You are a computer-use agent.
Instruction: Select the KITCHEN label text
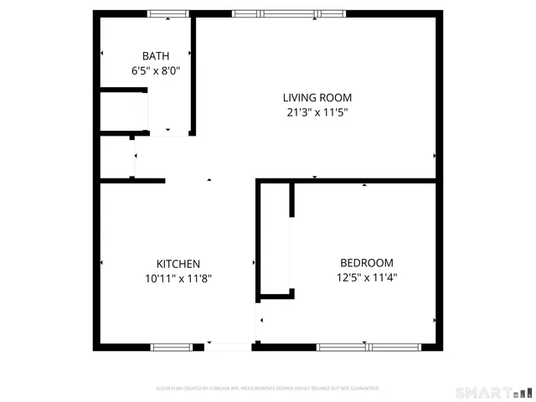click(178, 263)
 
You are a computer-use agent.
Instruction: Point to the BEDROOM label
click(366, 262)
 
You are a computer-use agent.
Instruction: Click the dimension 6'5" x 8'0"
click(155, 72)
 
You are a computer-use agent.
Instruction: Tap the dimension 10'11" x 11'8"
click(178, 279)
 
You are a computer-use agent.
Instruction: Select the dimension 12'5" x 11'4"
click(366, 278)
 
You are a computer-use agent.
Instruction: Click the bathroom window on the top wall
click(168, 13)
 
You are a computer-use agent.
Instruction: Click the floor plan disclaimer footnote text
click(267, 389)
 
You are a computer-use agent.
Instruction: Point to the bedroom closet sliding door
click(291, 251)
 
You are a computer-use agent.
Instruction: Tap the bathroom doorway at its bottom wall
click(167, 132)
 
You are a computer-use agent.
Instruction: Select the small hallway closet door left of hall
click(134, 157)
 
